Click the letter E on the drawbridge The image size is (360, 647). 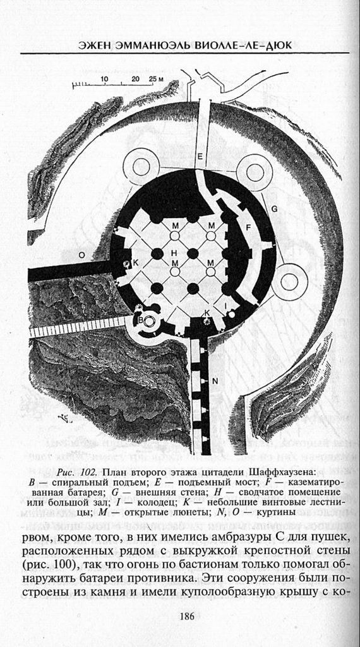click(200, 157)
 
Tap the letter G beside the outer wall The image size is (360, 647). click(275, 209)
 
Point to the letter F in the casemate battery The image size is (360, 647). click(248, 227)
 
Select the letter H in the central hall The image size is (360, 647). click(174, 252)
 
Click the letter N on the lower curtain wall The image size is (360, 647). click(215, 381)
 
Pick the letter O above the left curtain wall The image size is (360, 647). click(81, 256)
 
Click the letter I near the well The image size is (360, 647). click(225, 306)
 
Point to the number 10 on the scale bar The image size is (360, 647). click(104, 78)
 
